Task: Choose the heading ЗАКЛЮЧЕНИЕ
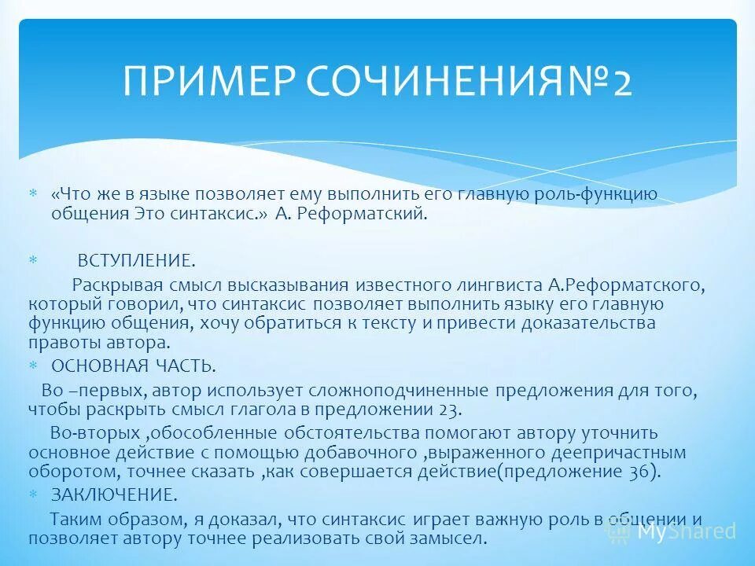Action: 113,495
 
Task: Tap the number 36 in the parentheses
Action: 637,472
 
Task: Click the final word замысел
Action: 451,539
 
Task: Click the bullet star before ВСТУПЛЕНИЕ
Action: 33,259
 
